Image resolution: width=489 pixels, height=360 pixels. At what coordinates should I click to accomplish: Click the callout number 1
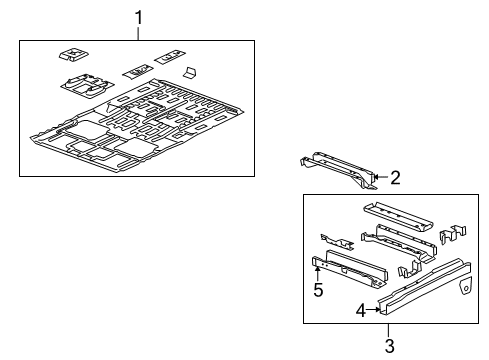tap(139, 17)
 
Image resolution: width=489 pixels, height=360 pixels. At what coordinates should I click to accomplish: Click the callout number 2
tap(396, 179)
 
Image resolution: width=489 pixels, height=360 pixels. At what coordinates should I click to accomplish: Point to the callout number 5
tap(319, 290)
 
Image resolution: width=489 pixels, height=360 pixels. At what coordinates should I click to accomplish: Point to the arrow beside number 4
tap(376, 309)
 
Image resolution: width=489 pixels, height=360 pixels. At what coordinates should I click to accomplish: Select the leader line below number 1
tap(139, 33)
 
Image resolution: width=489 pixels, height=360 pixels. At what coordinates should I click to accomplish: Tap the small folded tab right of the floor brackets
tap(190, 72)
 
